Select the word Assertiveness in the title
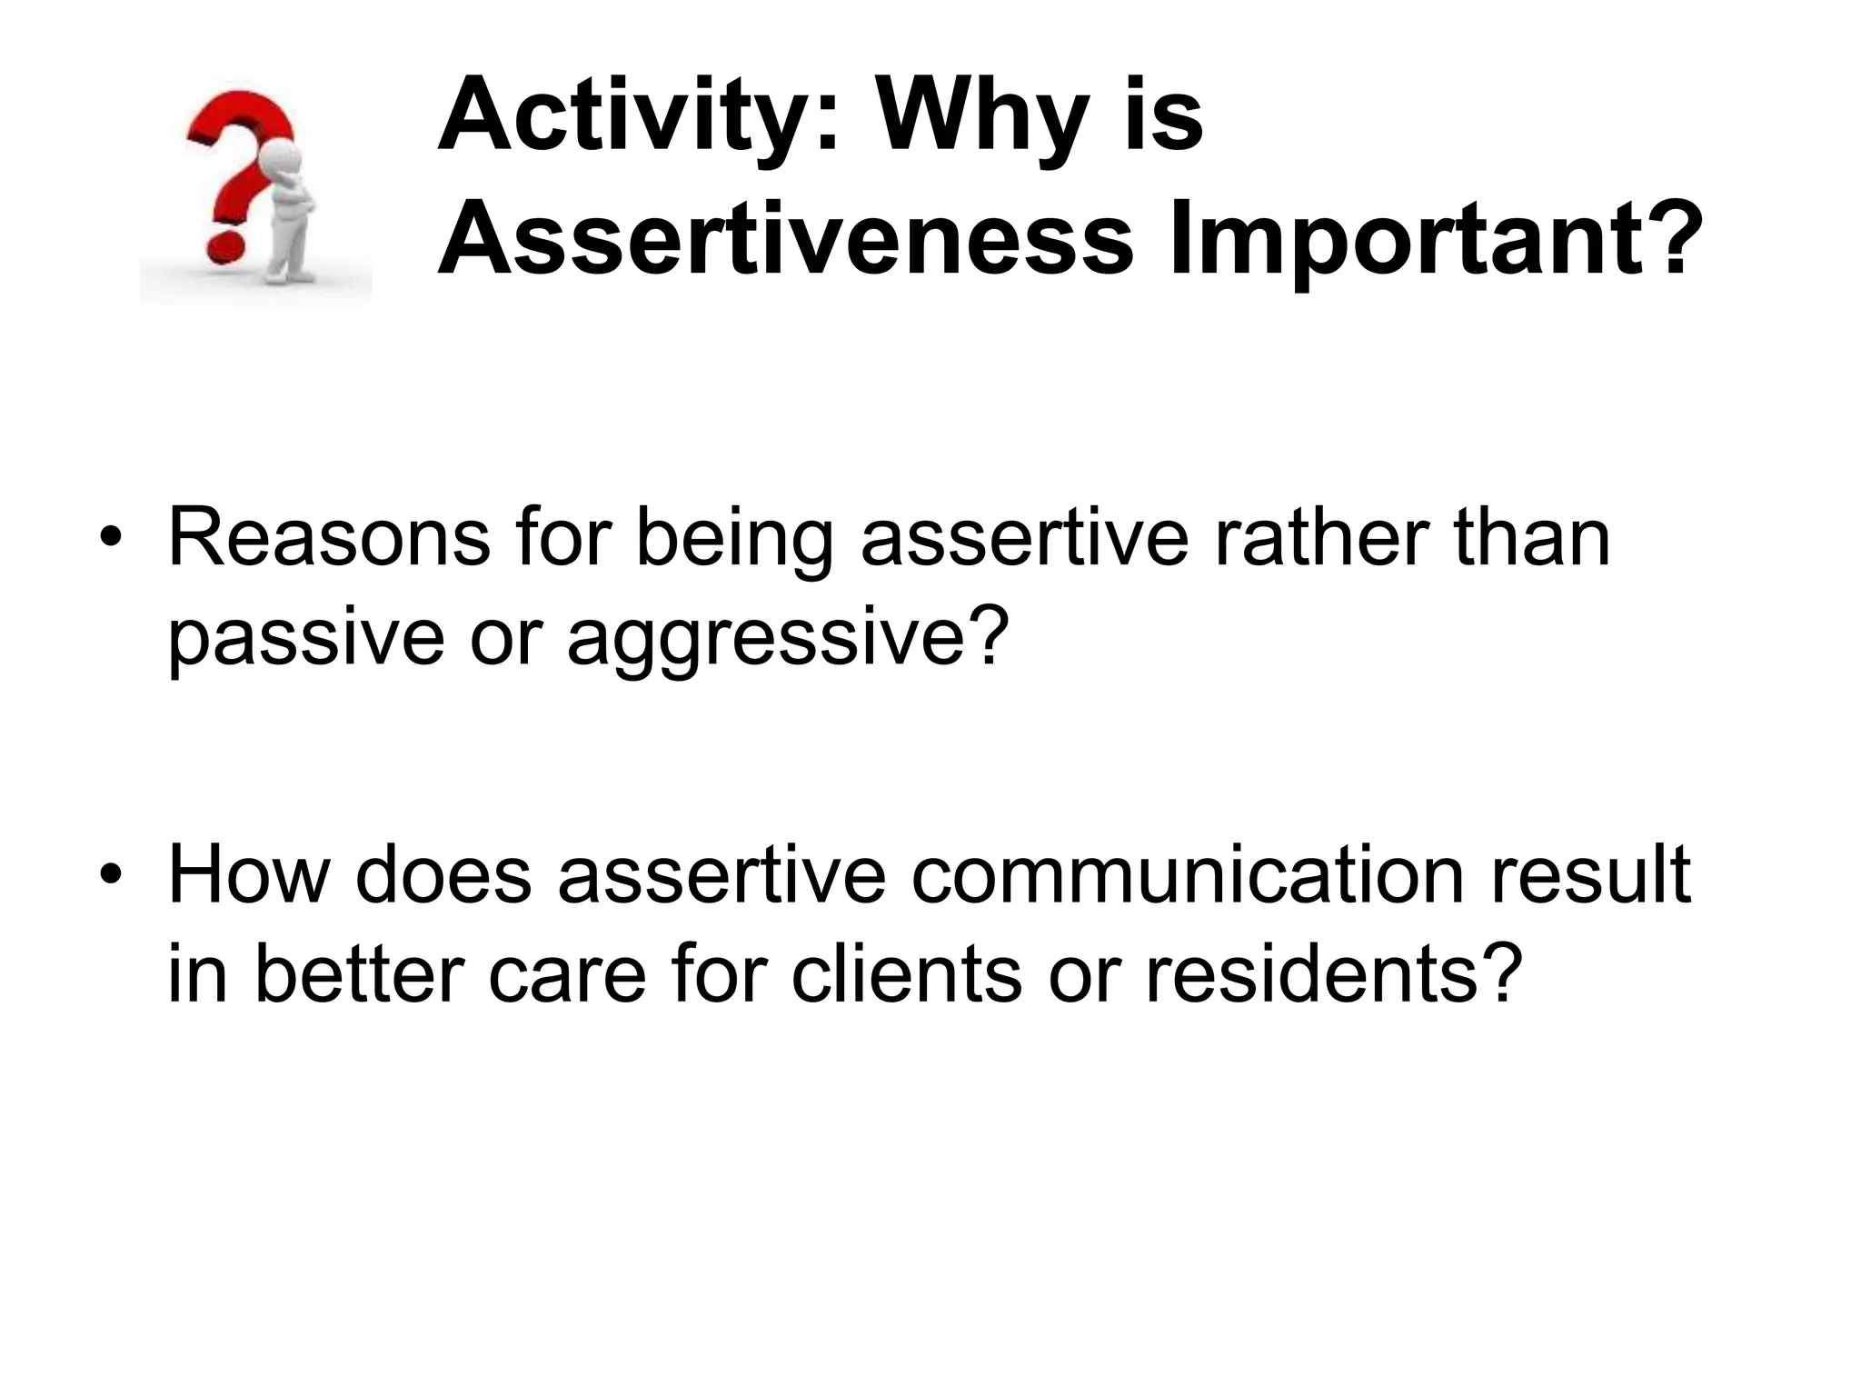coord(786,241)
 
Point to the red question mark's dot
coord(224,246)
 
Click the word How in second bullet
coord(248,876)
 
